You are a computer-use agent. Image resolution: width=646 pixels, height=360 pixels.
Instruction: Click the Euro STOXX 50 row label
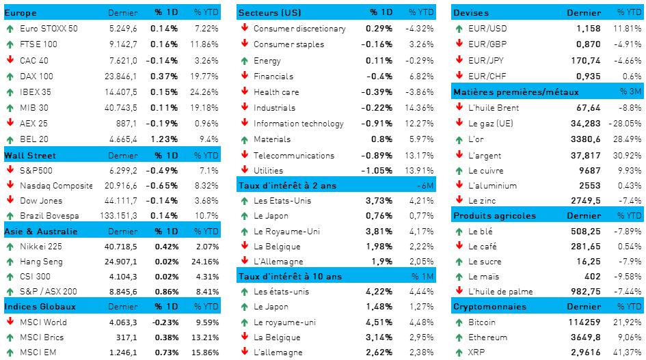49,29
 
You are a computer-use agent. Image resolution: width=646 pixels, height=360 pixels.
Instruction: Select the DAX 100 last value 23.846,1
118,76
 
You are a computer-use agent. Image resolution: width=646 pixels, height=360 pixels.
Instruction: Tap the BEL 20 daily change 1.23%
166,139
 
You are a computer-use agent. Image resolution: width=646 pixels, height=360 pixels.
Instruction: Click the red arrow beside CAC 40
10,60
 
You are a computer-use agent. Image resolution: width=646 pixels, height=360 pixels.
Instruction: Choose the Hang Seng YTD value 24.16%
206,261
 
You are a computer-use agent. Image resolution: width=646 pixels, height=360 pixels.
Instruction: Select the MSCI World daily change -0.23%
164,322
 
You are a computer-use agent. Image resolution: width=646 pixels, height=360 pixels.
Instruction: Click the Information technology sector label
298,124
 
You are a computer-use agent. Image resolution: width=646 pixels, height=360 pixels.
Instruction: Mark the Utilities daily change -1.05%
377,171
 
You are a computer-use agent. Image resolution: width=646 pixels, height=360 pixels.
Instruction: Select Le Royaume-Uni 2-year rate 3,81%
379,231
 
